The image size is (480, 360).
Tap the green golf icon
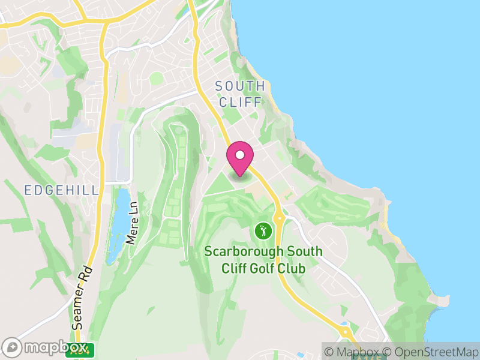click(x=262, y=230)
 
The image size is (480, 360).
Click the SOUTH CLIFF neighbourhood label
click(x=240, y=94)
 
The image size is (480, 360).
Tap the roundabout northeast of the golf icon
click(x=278, y=217)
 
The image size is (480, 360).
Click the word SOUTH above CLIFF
click(x=240, y=86)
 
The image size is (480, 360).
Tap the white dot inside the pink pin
click(x=240, y=155)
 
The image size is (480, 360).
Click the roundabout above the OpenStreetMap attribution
click(x=346, y=331)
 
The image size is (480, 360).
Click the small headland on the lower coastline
click(x=443, y=298)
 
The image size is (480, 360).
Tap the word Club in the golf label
click(x=292, y=268)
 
